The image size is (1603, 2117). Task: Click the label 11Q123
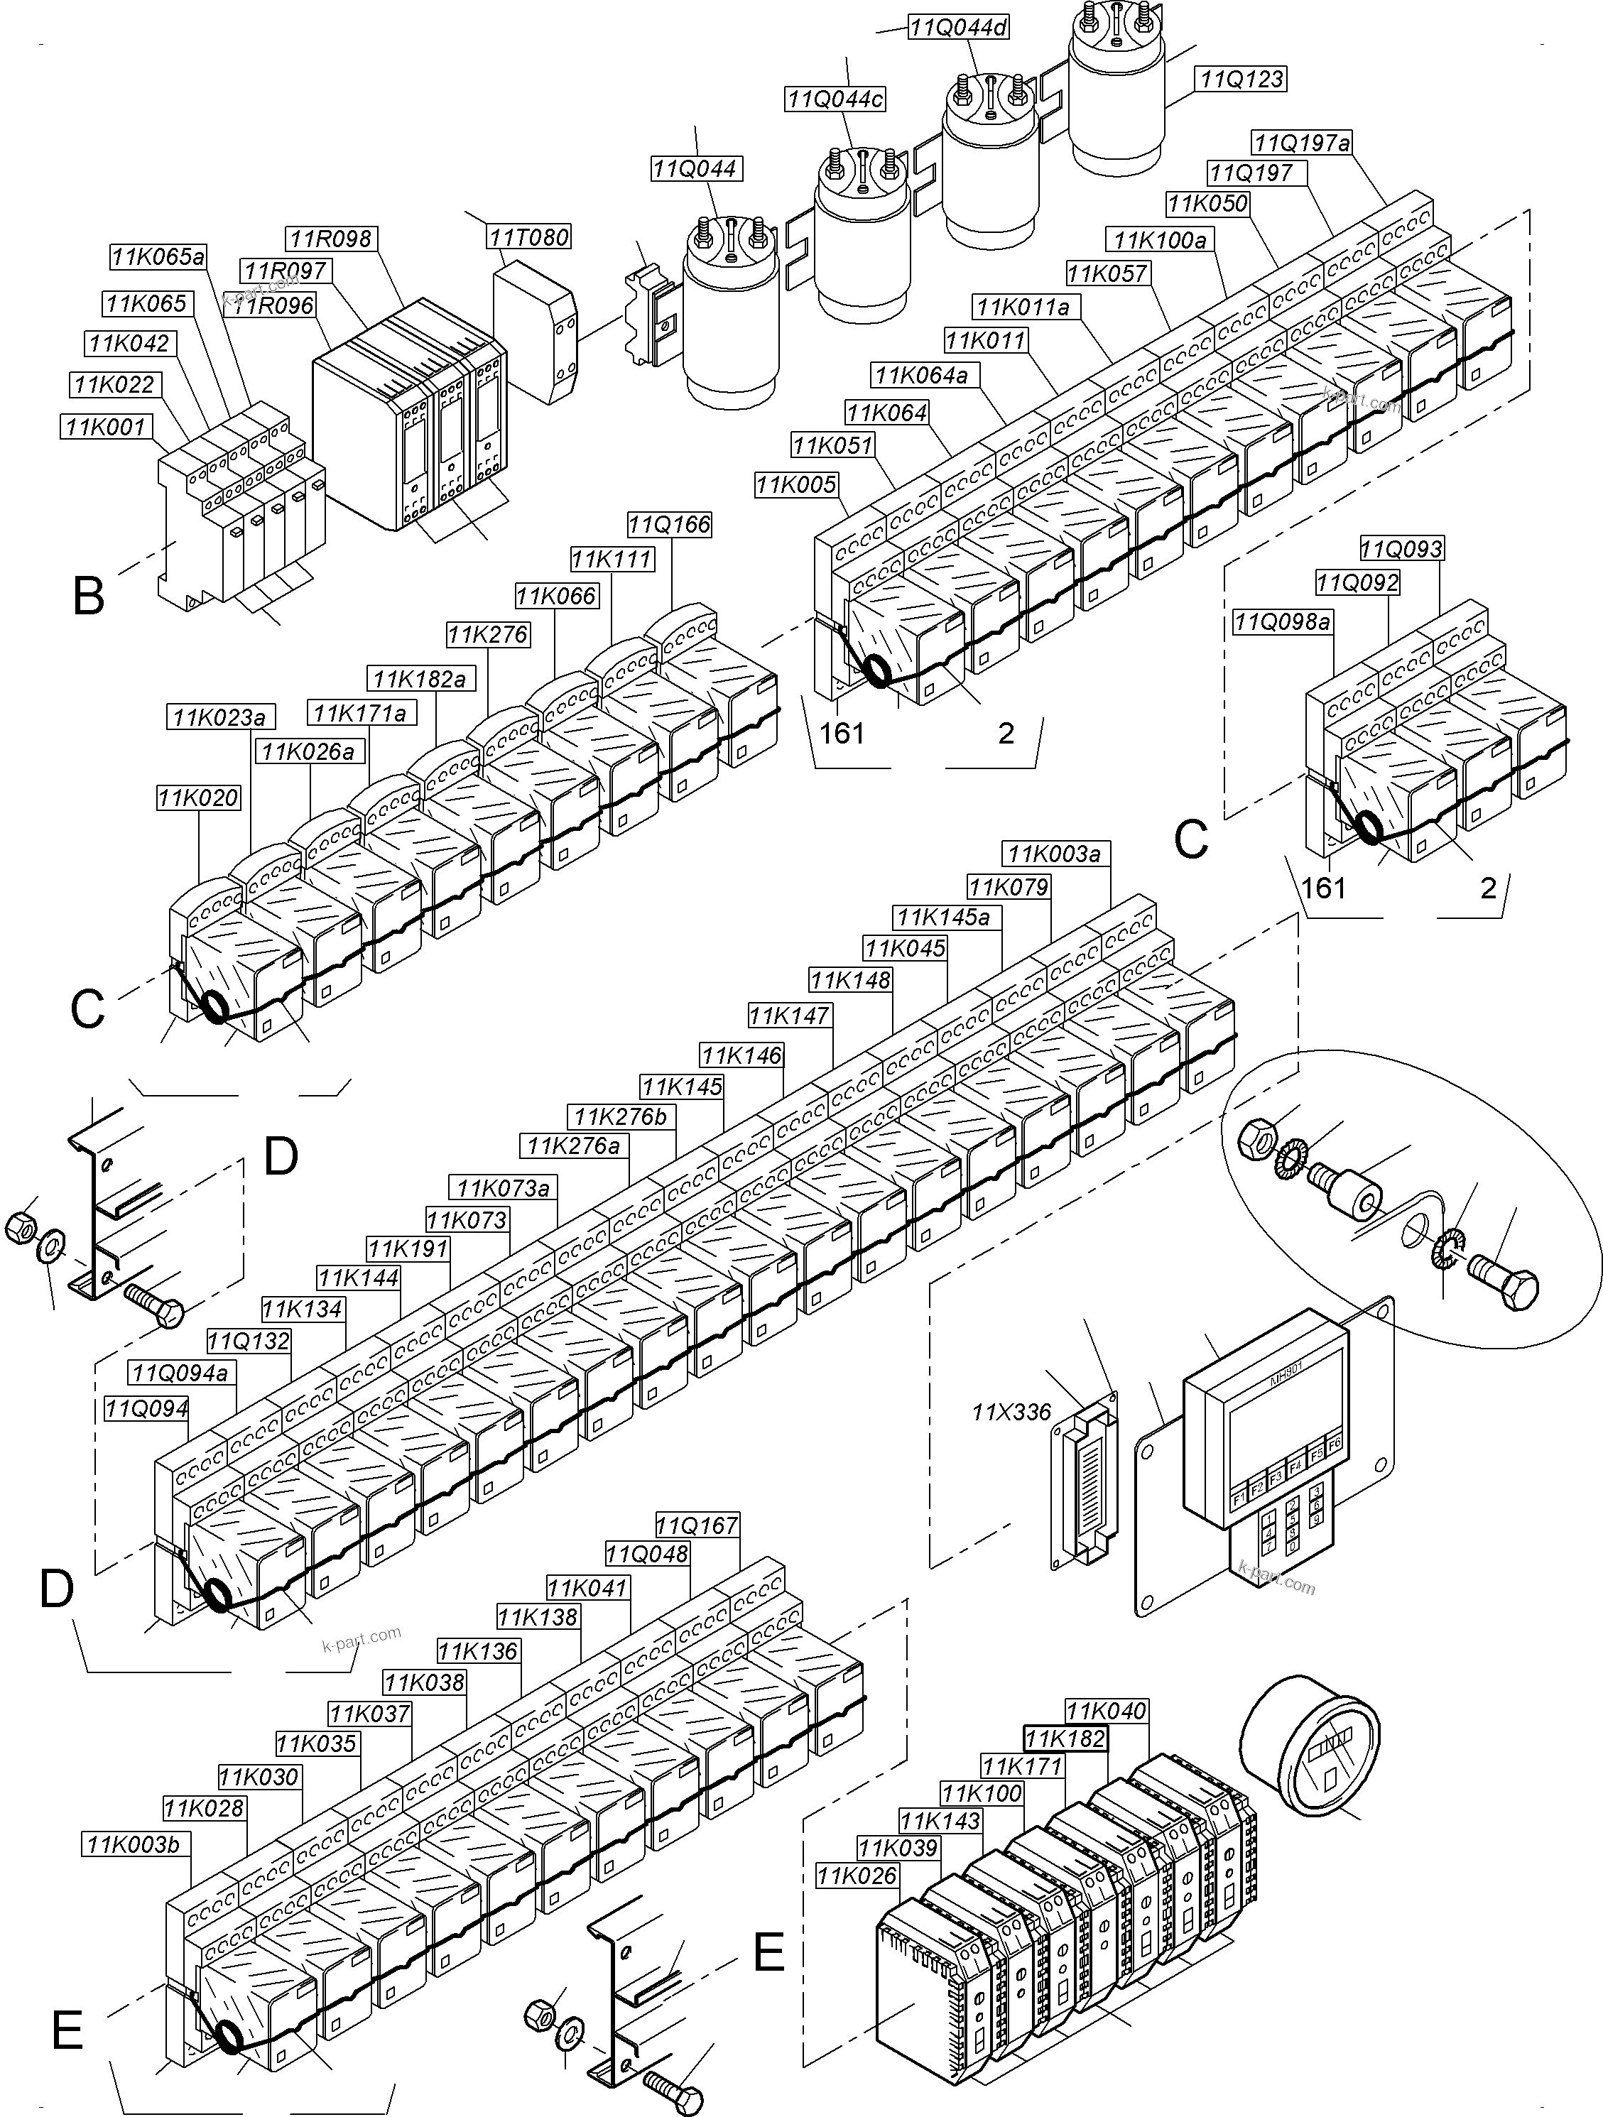pos(1242,79)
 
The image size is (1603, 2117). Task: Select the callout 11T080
pos(529,236)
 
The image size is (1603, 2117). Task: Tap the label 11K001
pos(105,426)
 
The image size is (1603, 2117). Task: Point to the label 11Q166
pos(670,525)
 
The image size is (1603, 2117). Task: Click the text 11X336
pos(1011,1412)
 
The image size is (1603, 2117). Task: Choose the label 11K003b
pos(138,1845)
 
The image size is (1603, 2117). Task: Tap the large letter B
pos(88,597)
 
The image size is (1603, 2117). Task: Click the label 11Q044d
pos(959,27)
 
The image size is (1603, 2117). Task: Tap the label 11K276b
pos(620,1117)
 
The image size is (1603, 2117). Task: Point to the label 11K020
pos(198,798)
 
